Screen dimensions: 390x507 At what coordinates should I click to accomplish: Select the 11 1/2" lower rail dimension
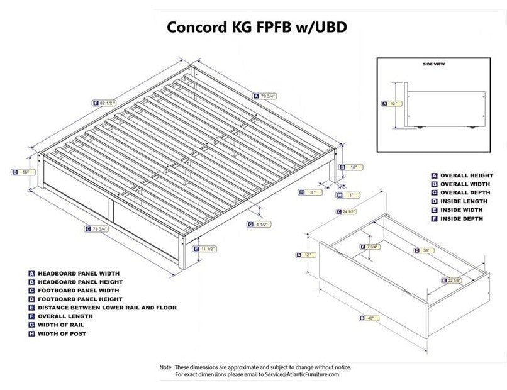[207, 249]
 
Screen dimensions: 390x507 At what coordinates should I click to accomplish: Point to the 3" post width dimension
[311, 192]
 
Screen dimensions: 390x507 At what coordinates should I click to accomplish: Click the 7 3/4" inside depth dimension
[372, 247]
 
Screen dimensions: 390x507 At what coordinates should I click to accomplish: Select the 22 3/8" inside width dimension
[455, 280]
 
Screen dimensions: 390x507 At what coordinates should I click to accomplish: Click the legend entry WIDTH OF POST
[62, 333]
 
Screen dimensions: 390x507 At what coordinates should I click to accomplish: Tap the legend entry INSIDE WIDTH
[460, 209]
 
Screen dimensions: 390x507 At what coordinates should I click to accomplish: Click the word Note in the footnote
[165, 367]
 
